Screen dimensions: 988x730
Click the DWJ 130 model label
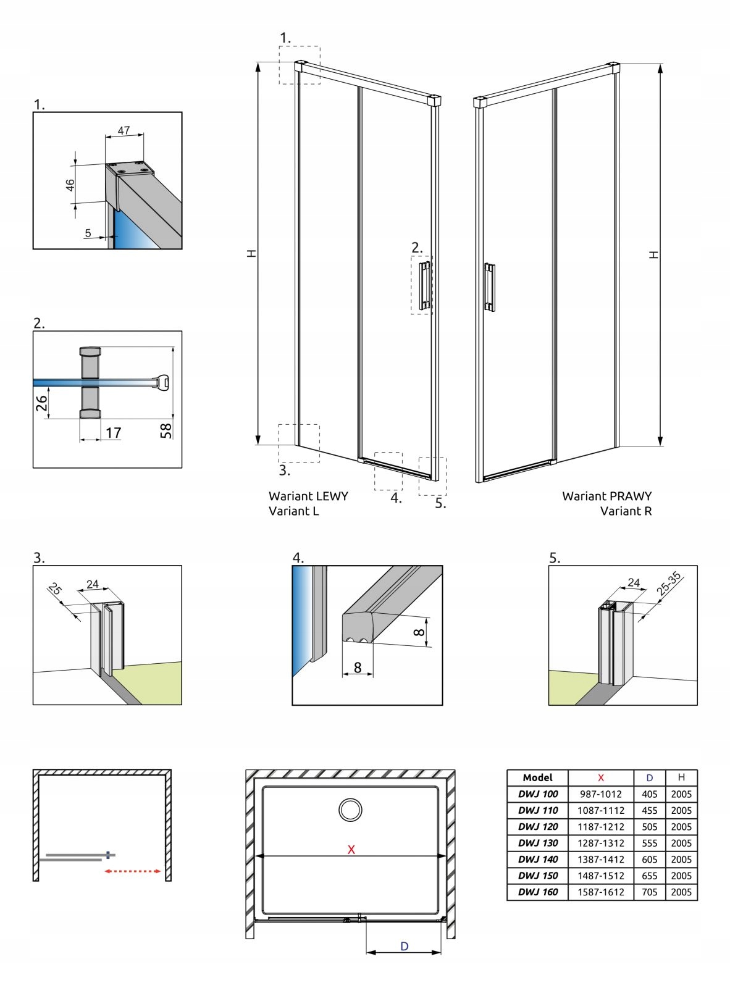(x=538, y=843)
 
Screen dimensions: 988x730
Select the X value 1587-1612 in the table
(x=600, y=892)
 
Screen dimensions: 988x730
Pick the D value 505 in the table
(x=649, y=826)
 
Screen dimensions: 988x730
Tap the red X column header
(x=600, y=777)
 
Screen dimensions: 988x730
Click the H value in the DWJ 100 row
(x=681, y=794)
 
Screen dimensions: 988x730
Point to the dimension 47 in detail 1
(x=124, y=130)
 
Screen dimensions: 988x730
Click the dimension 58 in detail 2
(x=166, y=430)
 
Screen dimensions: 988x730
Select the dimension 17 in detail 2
(x=113, y=432)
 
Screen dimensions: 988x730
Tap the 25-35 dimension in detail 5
(x=668, y=584)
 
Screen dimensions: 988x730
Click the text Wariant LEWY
(x=308, y=496)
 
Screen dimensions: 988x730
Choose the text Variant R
(x=626, y=511)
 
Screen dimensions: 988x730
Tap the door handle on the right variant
(x=489, y=287)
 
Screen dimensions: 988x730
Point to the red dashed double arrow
(x=133, y=871)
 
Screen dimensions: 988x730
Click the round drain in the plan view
(x=350, y=809)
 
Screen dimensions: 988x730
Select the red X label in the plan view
(x=351, y=849)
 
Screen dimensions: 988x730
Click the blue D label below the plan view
(x=404, y=946)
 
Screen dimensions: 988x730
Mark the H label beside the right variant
(x=653, y=254)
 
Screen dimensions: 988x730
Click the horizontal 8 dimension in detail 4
(x=357, y=667)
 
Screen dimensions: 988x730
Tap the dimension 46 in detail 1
(x=70, y=185)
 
